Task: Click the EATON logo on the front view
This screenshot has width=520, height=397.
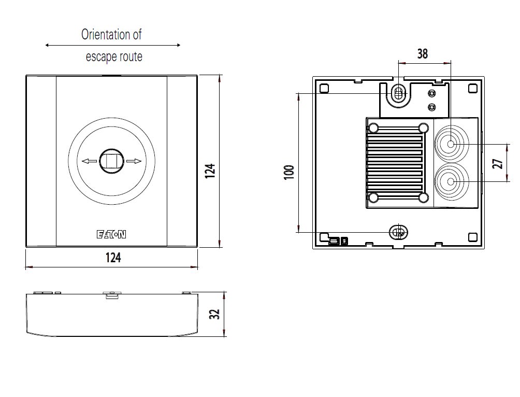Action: [x=111, y=235]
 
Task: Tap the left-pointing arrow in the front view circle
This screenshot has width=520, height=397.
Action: [x=89, y=161]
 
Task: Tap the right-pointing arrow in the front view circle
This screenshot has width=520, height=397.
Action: [x=134, y=161]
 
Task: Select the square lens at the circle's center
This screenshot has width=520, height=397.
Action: [x=111, y=161]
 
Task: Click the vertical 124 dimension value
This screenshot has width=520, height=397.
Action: [x=210, y=172]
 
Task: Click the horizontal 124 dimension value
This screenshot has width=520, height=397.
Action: [x=112, y=258]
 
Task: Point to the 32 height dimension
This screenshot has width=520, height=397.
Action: [x=215, y=314]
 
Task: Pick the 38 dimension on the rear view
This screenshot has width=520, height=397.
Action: [x=423, y=53]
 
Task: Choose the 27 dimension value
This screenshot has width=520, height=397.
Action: [x=498, y=164]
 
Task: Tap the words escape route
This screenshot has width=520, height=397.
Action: [x=114, y=57]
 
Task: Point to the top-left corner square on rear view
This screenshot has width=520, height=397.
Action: [x=325, y=89]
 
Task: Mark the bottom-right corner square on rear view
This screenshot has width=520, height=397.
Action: [x=472, y=237]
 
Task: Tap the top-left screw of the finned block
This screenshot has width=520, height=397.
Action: [x=373, y=127]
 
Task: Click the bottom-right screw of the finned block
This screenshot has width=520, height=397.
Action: [x=424, y=197]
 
